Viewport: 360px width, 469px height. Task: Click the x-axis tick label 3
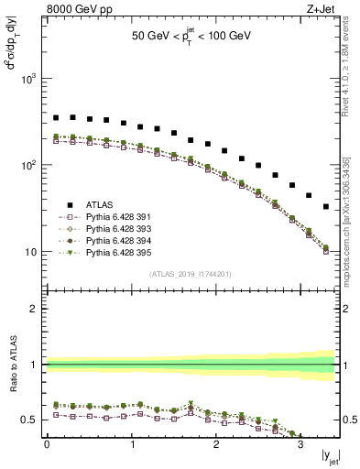pyautogui.click(x=300, y=446)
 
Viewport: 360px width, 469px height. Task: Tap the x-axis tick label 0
pyautogui.click(x=47, y=446)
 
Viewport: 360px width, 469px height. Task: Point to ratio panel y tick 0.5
pyautogui.click(x=30, y=420)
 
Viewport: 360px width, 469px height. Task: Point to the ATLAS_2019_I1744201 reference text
pyautogui.click(x=190, y=275)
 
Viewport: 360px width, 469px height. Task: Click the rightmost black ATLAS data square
pyautogui.click(x=326, y=207)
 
